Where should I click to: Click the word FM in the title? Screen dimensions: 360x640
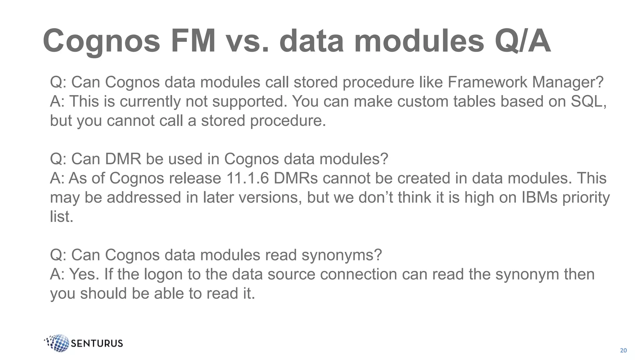click(x=193, y=41)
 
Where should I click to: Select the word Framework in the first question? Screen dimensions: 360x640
click(x=487, y=82)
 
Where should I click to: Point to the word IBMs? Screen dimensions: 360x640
click(x=539, y=197)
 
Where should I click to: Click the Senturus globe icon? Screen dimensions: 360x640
click(x=58, y=343)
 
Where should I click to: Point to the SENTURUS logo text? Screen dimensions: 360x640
click(x=97, y=343)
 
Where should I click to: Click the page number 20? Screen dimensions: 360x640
click(x=623, y=350)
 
